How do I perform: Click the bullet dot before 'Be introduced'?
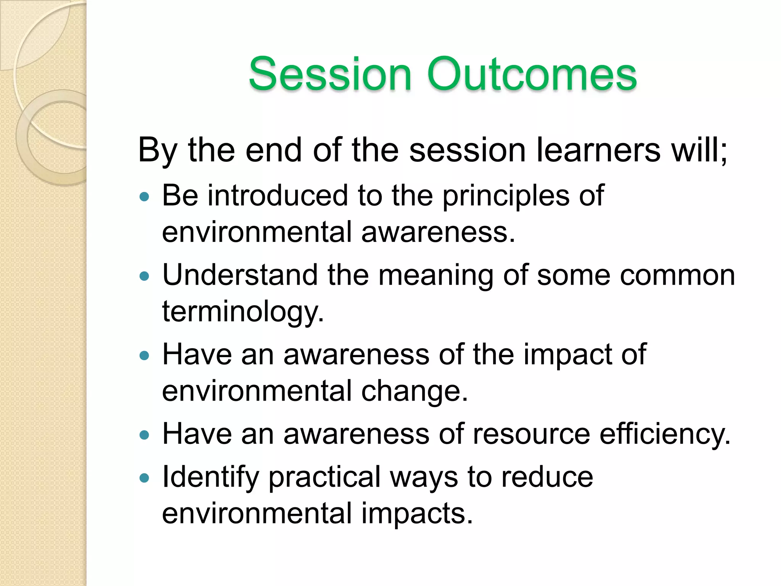click(x=144, y=197)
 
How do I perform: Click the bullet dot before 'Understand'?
click(x=144, y=276)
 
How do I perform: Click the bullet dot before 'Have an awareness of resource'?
click(x=144, y=435)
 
